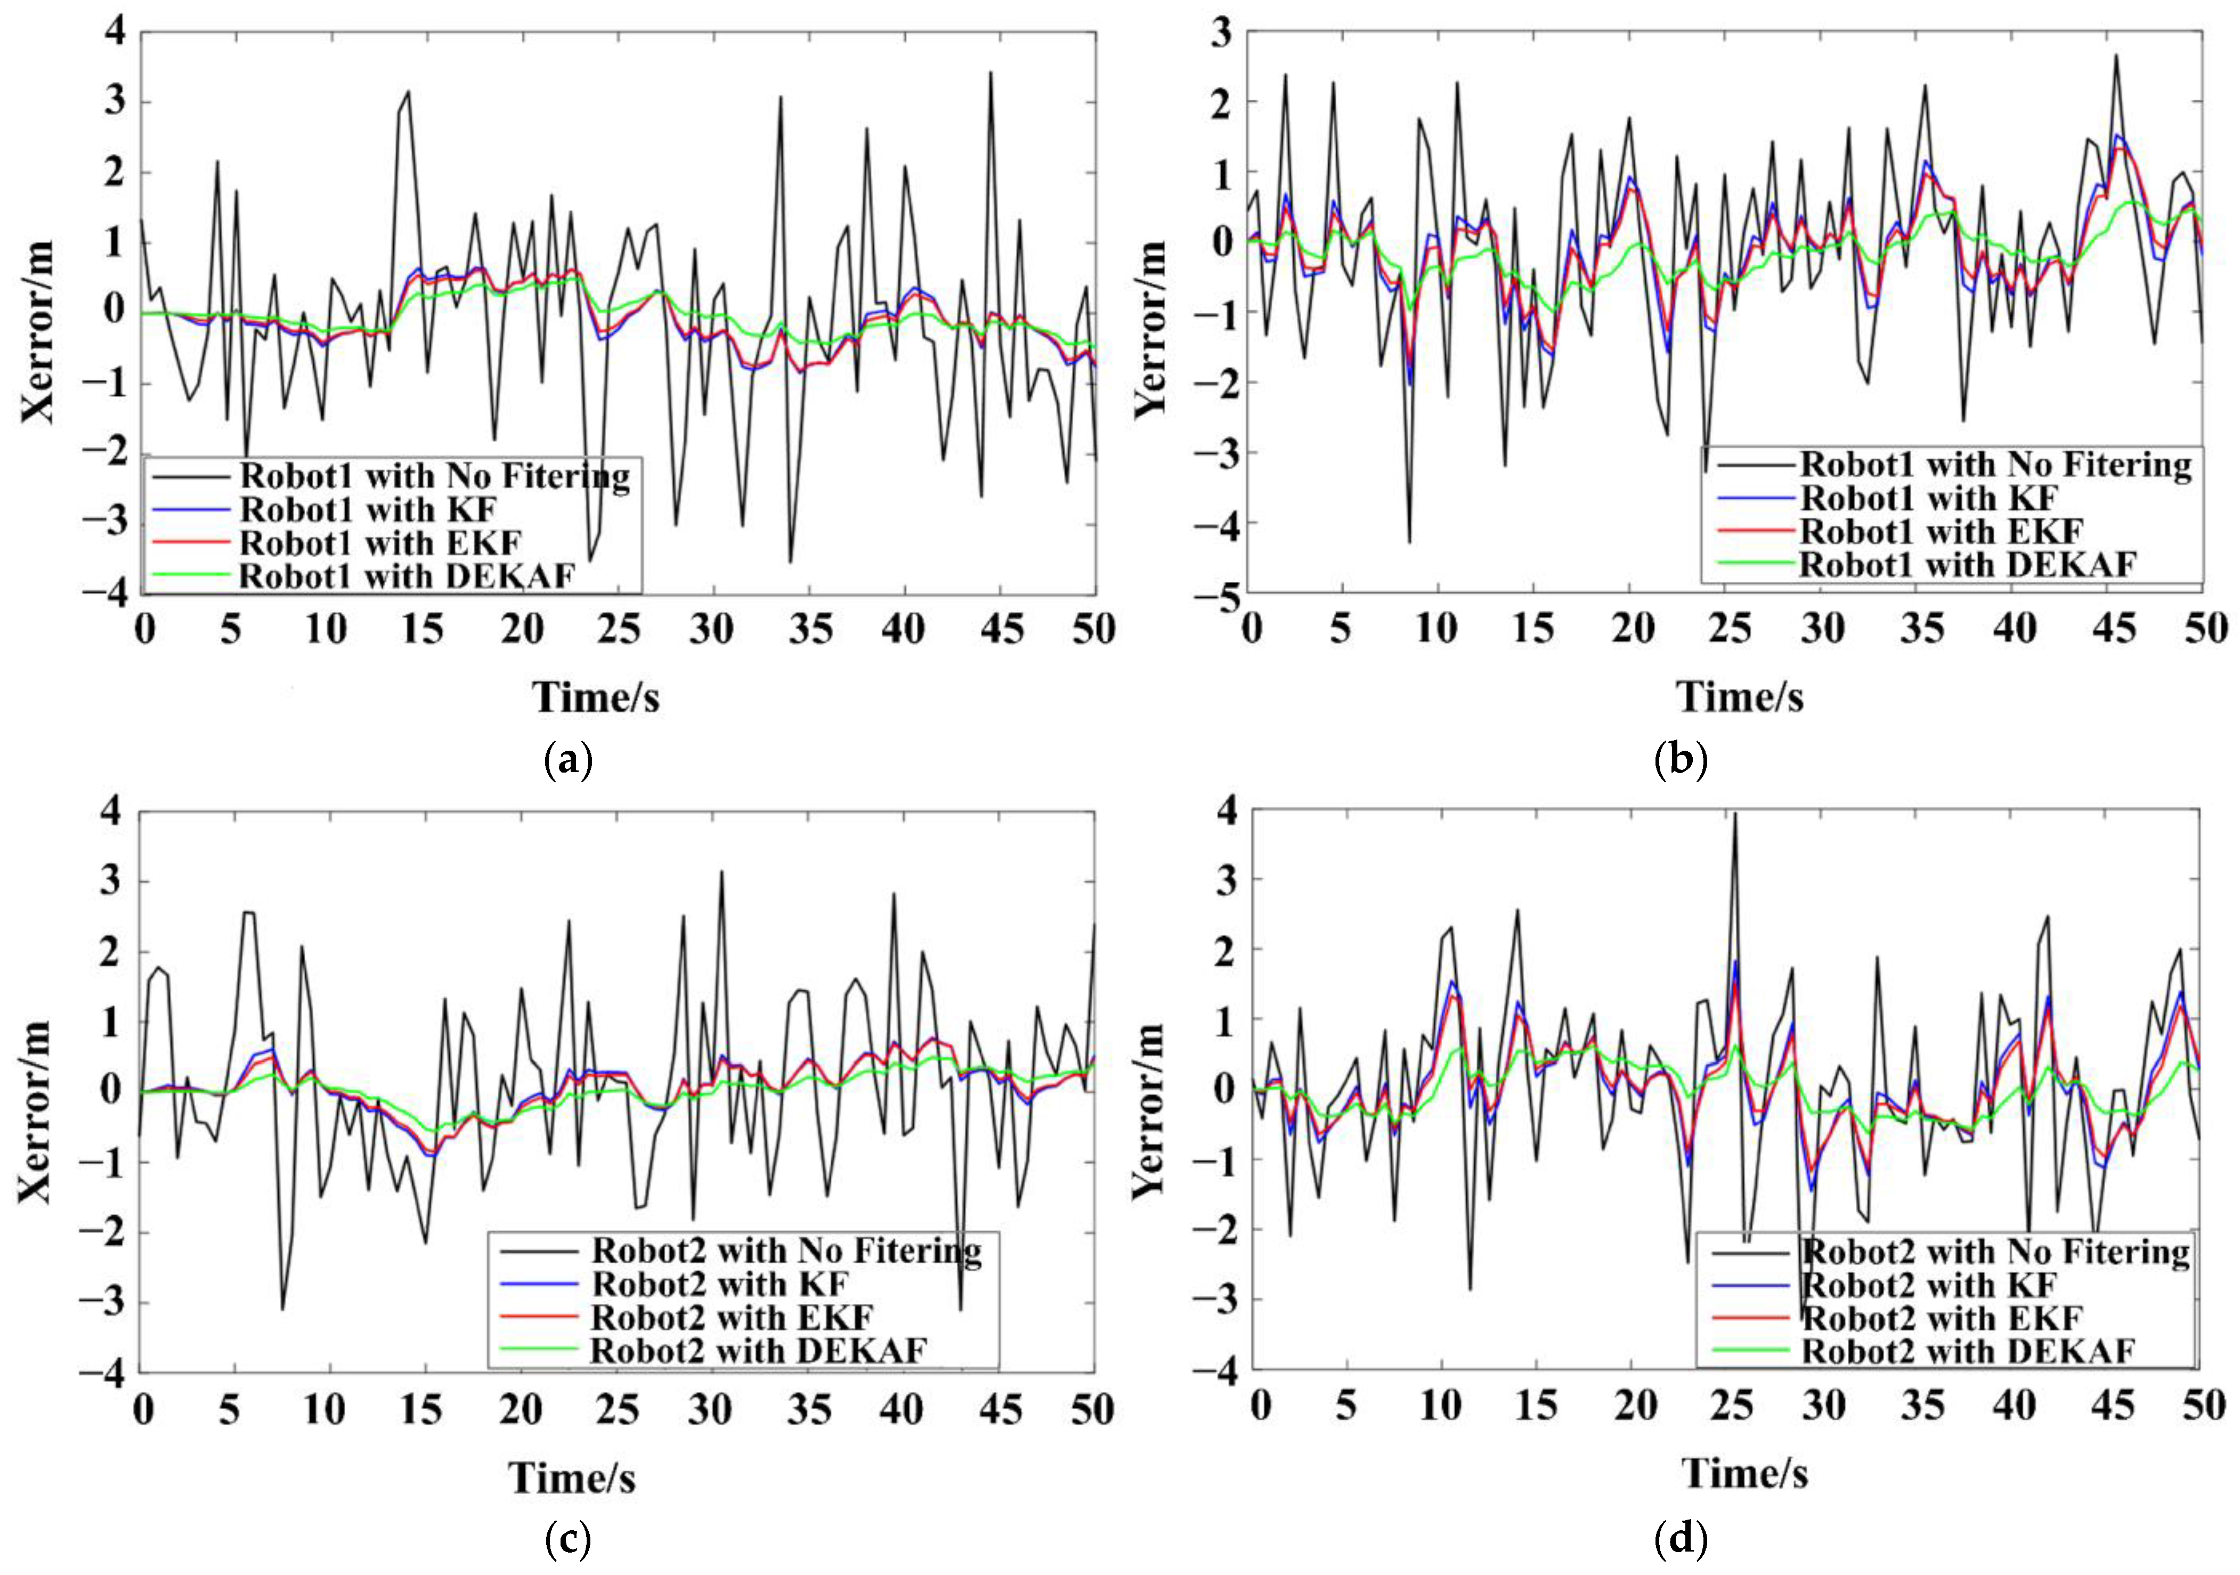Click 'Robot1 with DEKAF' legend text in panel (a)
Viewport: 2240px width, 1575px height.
407,576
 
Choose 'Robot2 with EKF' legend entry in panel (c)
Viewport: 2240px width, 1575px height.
732,1317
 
